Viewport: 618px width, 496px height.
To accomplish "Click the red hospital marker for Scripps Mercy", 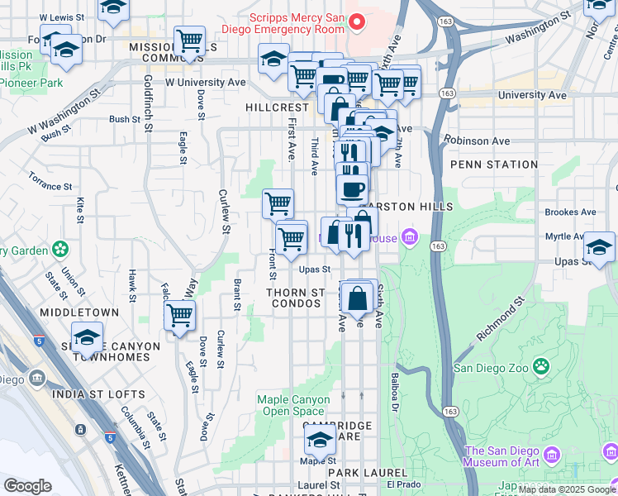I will point(357,21).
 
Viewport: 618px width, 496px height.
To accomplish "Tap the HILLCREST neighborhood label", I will point(277,107).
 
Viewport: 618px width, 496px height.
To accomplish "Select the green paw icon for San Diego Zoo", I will point(541,365).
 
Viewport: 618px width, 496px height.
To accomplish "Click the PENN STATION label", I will point(494,165).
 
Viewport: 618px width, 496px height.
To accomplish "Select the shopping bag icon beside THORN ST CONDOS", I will point(357,298).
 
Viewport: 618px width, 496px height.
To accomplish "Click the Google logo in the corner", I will point(27,486).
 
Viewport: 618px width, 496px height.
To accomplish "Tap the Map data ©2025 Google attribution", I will point(566,489).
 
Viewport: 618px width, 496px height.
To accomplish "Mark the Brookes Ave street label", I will point(570,212).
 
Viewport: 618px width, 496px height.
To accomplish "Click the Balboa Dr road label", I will point(394,393).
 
